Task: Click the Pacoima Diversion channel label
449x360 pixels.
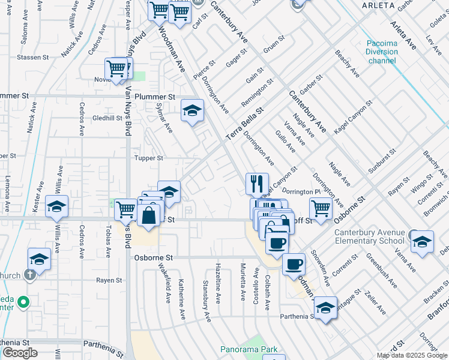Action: coord(382,52)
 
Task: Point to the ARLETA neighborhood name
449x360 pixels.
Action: coord(378,5)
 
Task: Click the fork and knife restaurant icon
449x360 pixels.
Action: coord(257,183)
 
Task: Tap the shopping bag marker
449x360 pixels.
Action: coord(148,214)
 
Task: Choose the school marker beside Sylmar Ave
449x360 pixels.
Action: coord(192,110)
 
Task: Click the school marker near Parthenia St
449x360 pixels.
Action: coord(325,308)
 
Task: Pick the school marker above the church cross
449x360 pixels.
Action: coord(40,259)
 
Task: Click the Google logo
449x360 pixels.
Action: coord(19,353)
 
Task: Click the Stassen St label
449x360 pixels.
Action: coord(32,58)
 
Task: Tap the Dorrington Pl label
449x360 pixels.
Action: coord(298,191)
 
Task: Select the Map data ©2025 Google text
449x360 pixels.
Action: coord(412,355)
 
